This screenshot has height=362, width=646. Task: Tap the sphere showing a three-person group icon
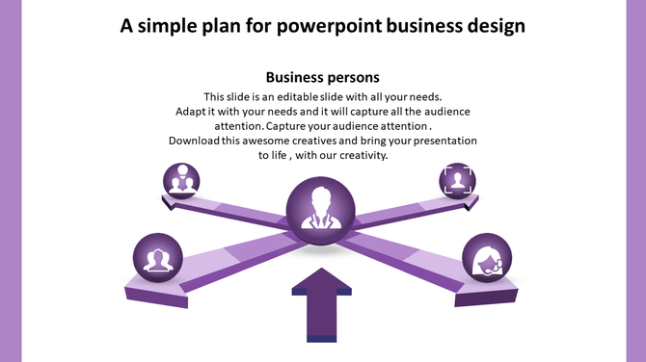coord(180,180)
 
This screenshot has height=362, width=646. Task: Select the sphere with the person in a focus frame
coord(457,180)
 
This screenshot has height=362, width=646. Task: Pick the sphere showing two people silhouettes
coord(156,259)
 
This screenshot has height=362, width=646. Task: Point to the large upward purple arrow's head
coord(322,285)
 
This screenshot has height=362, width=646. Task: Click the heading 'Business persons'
coord(322,77)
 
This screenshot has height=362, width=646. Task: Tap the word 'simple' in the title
coord(166,26)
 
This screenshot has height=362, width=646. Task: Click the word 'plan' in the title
coord(223,26)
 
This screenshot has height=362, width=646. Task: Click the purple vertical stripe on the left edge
coord(11,181)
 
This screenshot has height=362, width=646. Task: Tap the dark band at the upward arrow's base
coord(322,337)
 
